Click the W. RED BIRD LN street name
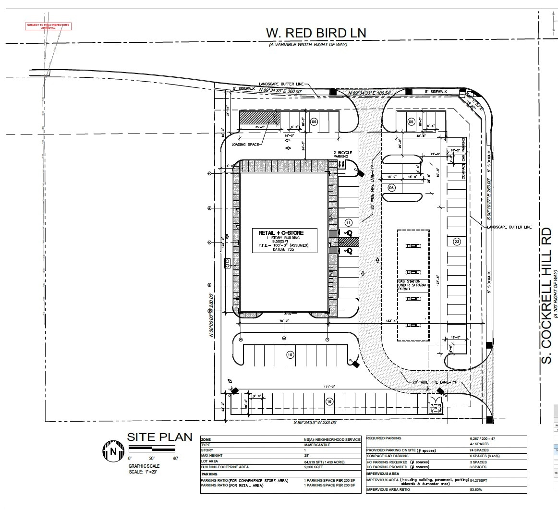pyautogui.click(x=316, y=33)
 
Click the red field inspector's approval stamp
pyautogui.click(x=48, y=26)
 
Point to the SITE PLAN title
pyautogui.click(x=159, y=437)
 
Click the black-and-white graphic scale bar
pyautogui.click(x=152, y=449)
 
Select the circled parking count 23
pyautogui.click(x=457, y=242)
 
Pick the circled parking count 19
pyautogui.click(x=329, y=401)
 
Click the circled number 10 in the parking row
pyautogui.click(x=290, y=355)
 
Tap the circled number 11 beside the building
pyautogui.click(x=349, y=222)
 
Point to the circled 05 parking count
pyautogui.click(x=411, y=122)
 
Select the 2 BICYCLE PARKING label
pyautogui.click(x=343, y=155)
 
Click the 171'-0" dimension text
pyautogui.click(x=329, y=386)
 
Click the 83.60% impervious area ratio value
pyautogui.click(x=476, y=490)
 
